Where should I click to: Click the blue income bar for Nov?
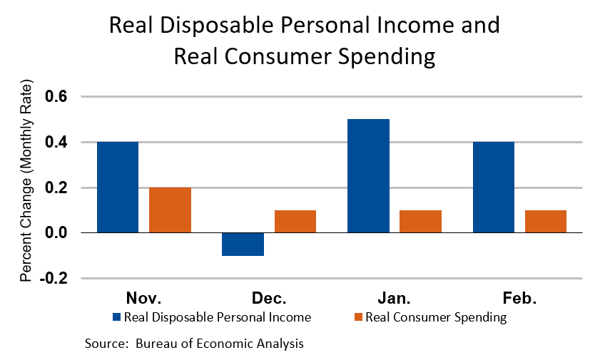pos(117,187)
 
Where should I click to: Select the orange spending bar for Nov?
pos(170,210)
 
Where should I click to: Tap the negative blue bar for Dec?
pos(243,244)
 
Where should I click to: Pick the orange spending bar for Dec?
pos(295,222)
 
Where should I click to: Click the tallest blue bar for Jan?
pos(368,176)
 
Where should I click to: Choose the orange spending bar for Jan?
pos(420,222)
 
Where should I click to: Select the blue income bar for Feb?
pos(493,187)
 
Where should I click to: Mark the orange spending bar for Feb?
pos(546,222)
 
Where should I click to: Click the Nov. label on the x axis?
pos(143,297)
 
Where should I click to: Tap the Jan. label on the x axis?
pos(394,297)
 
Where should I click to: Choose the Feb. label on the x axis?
pos(519,297)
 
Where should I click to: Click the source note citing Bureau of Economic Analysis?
pos(195,344)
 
